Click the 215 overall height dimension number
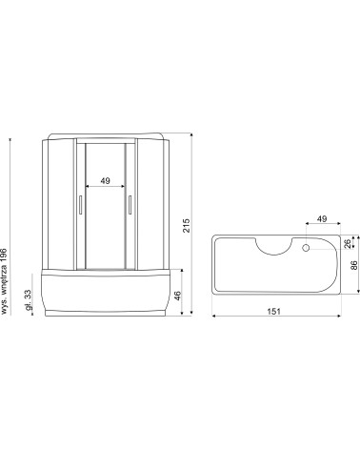pyautogui.click(x=187, y=225)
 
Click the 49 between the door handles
pyautogui.click(x=105, y=179)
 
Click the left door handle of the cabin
pyautogui.click(x=80, y=207)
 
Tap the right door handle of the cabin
pyautogui.click(x=129, y=207)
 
